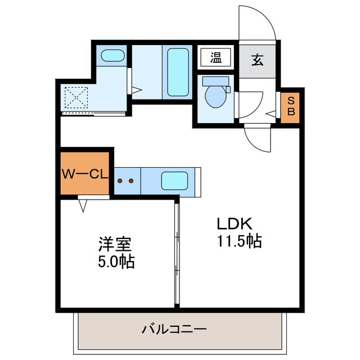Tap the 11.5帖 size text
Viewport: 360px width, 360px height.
coord(239,241)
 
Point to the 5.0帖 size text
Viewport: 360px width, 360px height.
coord(115,262)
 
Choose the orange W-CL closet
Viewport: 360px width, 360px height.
coord(84,174)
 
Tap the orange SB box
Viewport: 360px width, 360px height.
coord(291,106)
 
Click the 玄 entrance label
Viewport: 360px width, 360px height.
coord(257,58)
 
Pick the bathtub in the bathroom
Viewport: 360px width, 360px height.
coord(178,71)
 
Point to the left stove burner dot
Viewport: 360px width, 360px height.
coord(120,181)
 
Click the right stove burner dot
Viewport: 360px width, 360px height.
coord(131,181)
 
